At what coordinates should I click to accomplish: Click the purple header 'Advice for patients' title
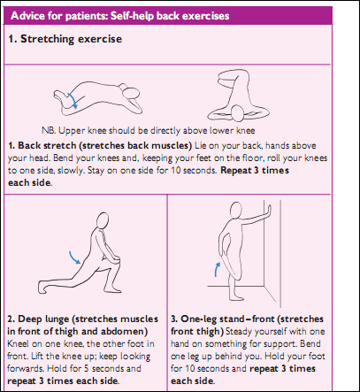coord(119,16)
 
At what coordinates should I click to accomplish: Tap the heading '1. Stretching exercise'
coord(65,39)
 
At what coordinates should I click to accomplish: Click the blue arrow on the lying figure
coord(73,100)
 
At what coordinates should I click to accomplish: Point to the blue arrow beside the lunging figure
coord(74,257)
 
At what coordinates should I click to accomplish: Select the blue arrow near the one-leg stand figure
coord(217,270)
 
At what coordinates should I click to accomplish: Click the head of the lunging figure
coord(103,219)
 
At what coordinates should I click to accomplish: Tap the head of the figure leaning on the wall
coord(235,211)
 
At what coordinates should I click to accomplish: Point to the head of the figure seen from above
coord(237,113)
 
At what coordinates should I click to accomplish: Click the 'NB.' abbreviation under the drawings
coord(49,130)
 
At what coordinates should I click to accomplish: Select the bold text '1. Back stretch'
coord(42,145)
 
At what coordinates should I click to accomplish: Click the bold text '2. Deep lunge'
coord(38,319)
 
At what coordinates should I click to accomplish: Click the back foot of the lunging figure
coord(42,286)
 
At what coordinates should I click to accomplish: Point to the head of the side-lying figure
coord(130,93)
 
